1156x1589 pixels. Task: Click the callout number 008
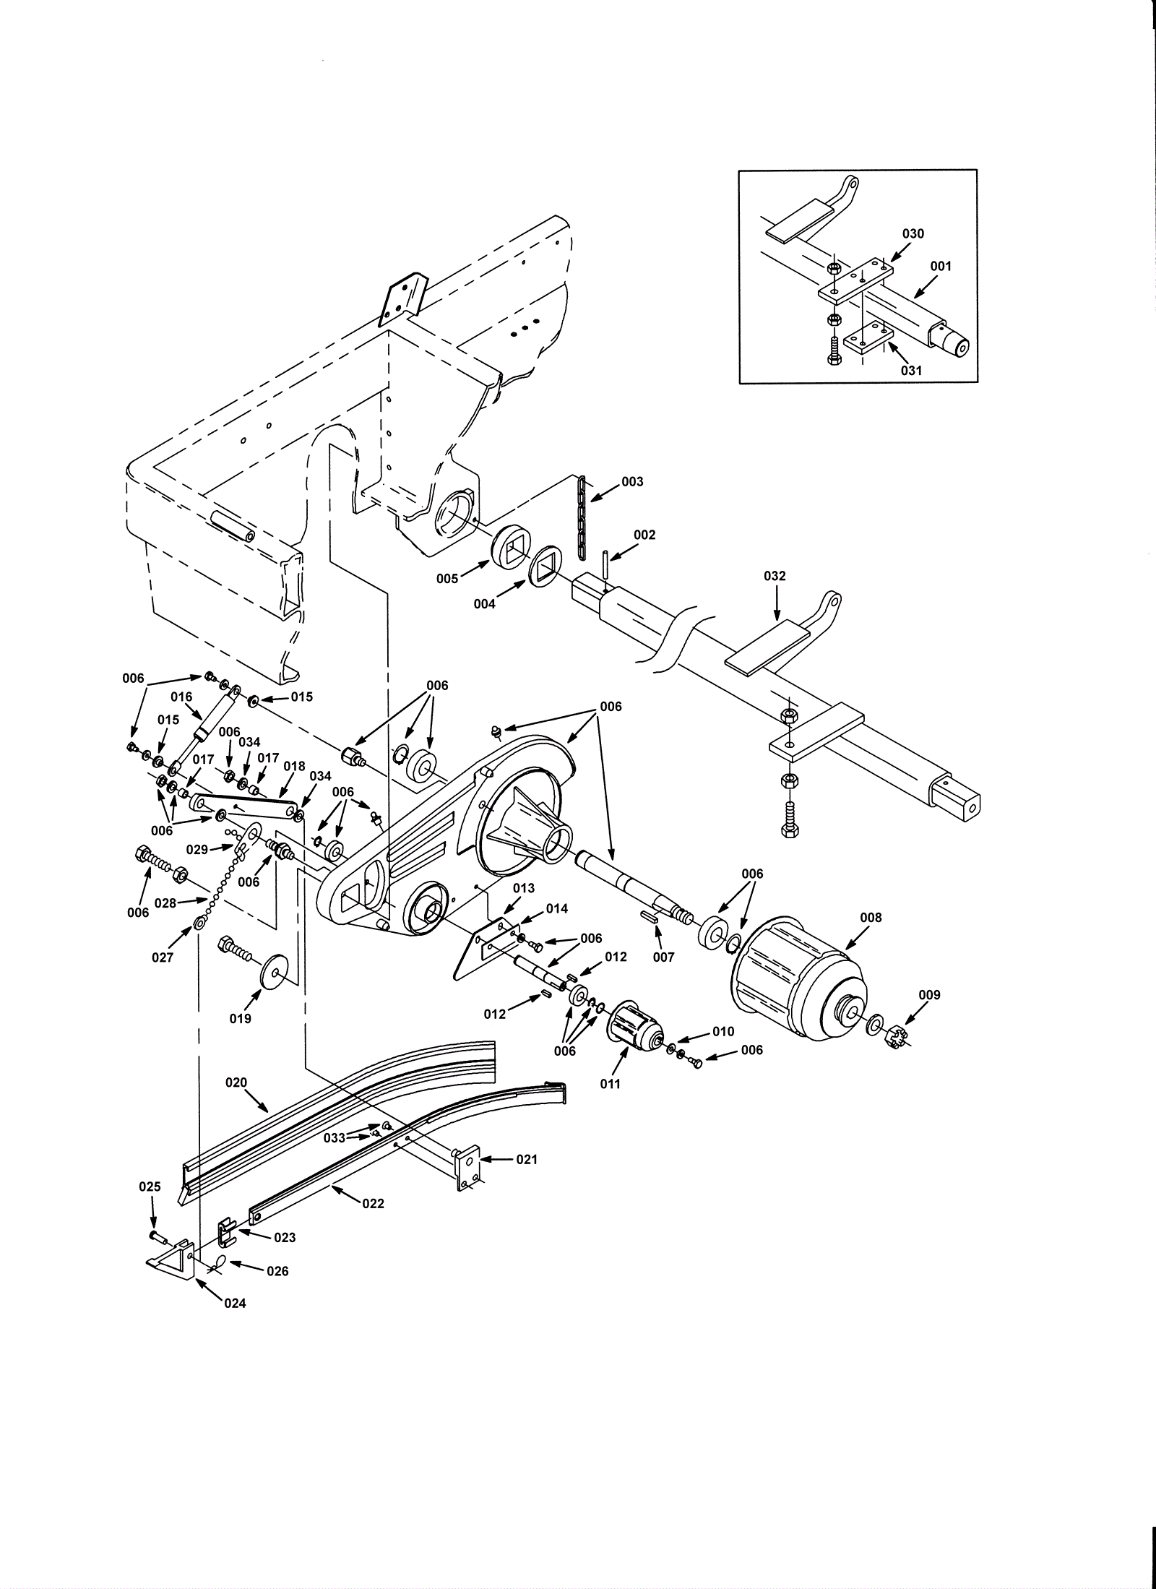pos(871,917)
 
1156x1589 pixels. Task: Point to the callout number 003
pos(632,481)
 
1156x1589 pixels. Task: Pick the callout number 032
pos(775,575)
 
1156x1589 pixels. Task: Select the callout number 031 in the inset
pos(911,370)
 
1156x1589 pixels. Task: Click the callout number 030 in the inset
pos(913,233)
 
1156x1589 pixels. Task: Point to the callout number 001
pos(941,266)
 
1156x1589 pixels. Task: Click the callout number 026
pos(278,1271)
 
